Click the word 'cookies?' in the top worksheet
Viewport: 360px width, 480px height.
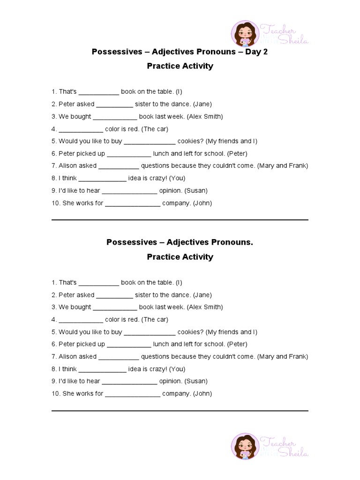(190, 141)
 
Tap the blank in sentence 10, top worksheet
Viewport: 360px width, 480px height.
(133, 203)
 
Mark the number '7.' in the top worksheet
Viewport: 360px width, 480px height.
(54, 166)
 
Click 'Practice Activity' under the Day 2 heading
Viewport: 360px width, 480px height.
(180, 66)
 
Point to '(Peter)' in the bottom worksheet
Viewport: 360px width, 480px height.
(237, 344)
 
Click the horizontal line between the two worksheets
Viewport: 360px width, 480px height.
(180, 220)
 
